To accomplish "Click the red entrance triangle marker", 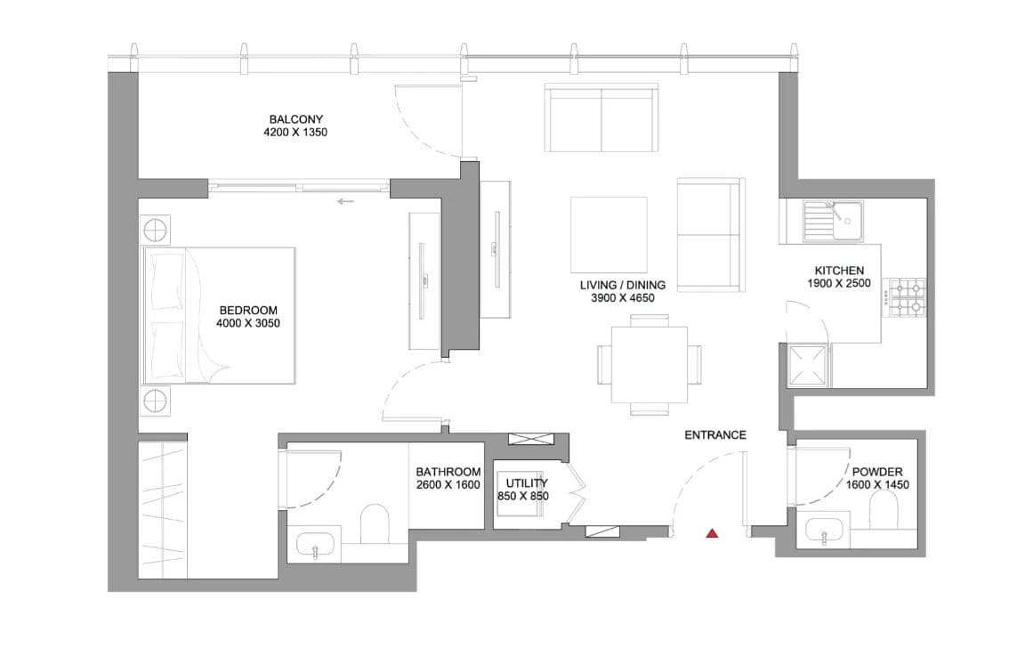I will click(x=712, y=533).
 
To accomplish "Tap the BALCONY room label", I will click(x=296, y=119).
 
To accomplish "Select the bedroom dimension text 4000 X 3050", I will click(x=248, y=323).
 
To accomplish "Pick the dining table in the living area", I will click(x=650, y=364).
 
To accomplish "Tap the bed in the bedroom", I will click(x=219, y=316).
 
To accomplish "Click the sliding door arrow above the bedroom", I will click(x=345, y=201).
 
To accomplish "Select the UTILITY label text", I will click(x=521, y=483).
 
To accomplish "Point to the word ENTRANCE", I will click(x=714, y=435).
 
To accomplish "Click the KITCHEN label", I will click(x=839, y=271).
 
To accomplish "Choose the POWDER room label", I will click(x=877, y=472).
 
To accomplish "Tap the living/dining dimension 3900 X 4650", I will click(x=623, y=298).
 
